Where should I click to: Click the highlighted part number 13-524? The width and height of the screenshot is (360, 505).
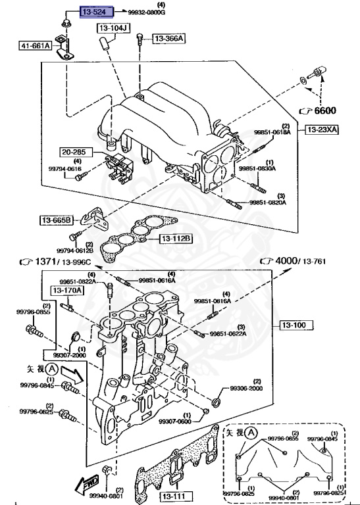coord(97,12)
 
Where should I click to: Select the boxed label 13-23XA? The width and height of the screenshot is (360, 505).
coord(321,131)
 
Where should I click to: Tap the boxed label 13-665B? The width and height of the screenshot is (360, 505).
coord(55,219)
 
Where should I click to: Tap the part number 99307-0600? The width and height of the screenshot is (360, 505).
coord(187,421)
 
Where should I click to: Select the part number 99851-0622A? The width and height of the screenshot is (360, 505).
coord(228,334)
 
